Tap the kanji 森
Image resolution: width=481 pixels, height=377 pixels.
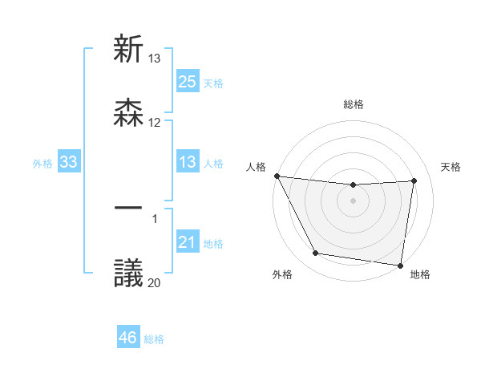pos(129,112)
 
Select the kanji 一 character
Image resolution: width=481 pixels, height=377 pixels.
pos(129,208)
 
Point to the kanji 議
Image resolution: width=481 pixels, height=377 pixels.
pos(129,273)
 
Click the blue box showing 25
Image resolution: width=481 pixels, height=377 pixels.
pos(187,81)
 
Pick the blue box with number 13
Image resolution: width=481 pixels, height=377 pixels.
pos(187,162)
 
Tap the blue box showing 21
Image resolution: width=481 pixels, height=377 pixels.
pos(187,242)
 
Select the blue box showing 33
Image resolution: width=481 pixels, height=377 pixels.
pos(69,162)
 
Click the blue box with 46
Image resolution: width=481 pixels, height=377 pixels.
pos(127,338)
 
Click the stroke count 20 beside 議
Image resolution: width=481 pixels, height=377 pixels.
pos(154,282)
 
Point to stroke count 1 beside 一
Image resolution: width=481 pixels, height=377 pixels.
pos(155,218)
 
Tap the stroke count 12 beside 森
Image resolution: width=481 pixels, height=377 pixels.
pos(154,123)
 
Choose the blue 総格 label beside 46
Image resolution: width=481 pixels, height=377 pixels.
pos(154,338)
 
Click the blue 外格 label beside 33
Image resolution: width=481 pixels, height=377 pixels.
pos(42,163)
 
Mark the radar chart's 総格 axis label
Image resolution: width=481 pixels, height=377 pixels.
pos(353,104)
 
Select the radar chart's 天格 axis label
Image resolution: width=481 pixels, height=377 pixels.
pos(451,167)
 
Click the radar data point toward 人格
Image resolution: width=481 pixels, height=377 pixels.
pos(277,176)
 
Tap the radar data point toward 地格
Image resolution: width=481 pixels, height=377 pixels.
pos(401,266)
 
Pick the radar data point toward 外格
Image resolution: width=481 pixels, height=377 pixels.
pos(315,253)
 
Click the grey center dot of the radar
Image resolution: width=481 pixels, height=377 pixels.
pos(353,201)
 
